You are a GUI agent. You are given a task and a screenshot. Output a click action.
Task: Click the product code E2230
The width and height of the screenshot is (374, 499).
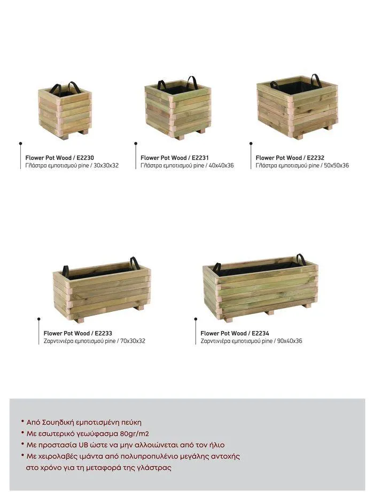click(x=85, y=158)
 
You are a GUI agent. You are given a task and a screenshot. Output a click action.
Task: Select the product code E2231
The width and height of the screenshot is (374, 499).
click(x=200, y=158)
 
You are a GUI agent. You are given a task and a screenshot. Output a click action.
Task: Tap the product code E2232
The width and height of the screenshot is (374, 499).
click(x=315, y=158)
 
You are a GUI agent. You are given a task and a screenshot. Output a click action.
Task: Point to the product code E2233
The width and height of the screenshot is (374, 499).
click(x=103, y=333)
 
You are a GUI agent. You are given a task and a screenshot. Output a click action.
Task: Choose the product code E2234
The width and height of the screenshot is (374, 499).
click(x=260, y=333)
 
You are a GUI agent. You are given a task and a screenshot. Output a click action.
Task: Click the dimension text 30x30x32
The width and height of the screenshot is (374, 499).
click(x=106, y=165)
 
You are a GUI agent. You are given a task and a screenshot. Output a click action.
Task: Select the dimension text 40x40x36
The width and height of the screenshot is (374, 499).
click(x=221, y=165)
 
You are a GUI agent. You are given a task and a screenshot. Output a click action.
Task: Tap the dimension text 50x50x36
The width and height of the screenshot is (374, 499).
click(x=337, y=165)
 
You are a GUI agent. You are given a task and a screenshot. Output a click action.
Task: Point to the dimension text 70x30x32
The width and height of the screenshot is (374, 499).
click(x=133, y=341)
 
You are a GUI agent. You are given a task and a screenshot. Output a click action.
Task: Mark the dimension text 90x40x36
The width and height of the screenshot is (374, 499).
click(x=290, y=341)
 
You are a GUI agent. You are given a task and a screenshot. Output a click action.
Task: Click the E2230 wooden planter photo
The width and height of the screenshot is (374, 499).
click(x=65, y=110)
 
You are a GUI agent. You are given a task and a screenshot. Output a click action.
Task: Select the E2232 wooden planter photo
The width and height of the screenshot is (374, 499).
click(x=298, y=106)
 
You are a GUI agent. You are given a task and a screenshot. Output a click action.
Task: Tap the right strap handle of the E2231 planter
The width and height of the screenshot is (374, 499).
click(x=193, y=82)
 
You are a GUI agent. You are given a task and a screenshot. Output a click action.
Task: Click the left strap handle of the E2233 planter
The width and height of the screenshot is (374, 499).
click(x=66, y=271)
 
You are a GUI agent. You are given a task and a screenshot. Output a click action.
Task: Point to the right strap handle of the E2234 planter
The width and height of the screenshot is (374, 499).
click(x=301, y=259)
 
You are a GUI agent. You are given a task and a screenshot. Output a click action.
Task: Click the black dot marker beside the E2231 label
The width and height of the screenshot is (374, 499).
click(x=136, y=143)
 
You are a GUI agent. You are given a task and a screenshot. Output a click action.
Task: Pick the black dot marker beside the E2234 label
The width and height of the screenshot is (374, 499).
click(x=196, y=319)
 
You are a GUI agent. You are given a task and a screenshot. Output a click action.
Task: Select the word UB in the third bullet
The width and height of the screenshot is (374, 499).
click(x=83, y=445)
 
